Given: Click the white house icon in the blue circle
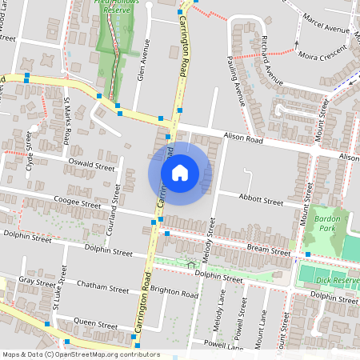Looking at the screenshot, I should click(180, 173).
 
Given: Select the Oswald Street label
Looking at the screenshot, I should click(92, 166).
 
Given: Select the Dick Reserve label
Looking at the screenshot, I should click(336, 281).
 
